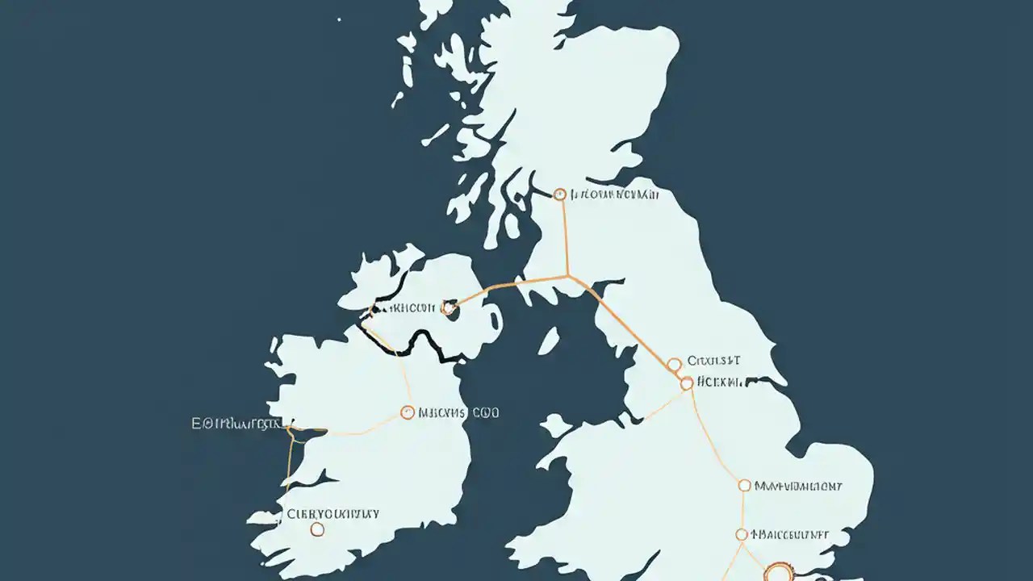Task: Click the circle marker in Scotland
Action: coord(560,194)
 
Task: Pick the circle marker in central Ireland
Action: coord(408,412)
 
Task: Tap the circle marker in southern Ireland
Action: coord(317,529)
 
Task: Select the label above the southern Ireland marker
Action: coord(332,513)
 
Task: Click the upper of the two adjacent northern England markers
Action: coord(675,365)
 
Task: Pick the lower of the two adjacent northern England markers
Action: coord(687,383)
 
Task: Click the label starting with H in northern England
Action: coord(720,382)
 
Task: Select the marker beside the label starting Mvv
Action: coord(744,486)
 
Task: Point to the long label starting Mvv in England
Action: coord(798,486)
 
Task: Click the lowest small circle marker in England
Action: coord(742,534)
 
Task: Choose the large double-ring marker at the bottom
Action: coord(778,573)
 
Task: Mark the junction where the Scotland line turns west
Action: coord(569,276)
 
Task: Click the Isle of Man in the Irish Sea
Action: coord(550,341)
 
